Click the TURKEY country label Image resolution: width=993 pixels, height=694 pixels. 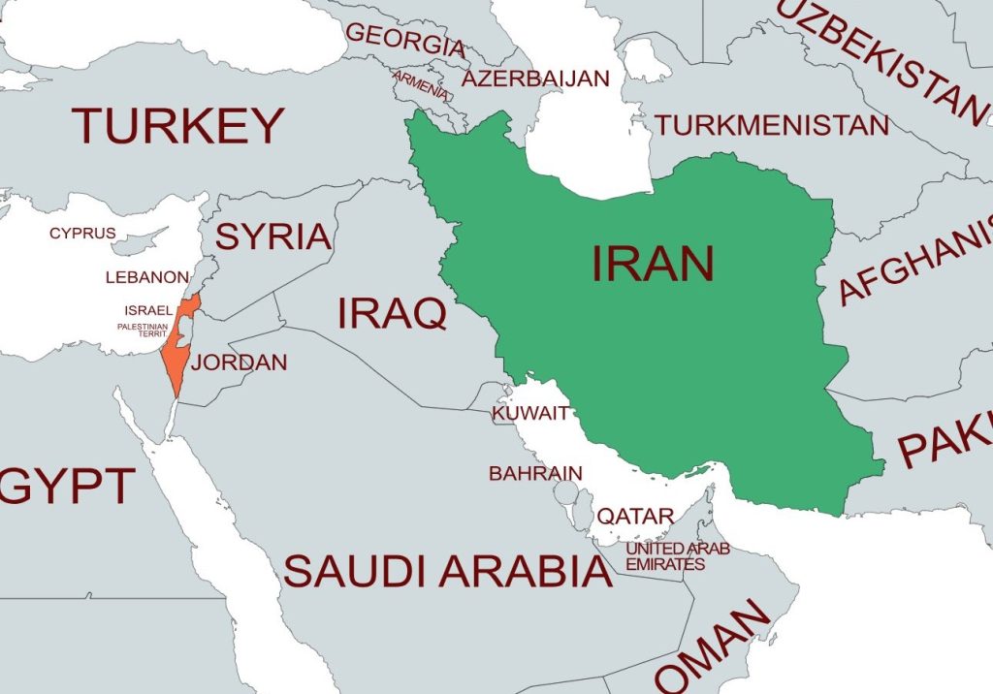177,126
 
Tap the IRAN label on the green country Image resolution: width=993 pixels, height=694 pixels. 653,264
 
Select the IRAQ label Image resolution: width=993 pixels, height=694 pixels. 392,313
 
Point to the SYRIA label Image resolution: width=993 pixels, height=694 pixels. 272,236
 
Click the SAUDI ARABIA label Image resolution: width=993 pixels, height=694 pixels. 447,572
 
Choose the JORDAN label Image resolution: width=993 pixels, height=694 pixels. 239,363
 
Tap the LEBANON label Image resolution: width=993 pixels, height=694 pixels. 147,277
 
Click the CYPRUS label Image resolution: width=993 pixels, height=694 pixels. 82,233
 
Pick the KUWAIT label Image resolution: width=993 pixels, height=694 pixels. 530,414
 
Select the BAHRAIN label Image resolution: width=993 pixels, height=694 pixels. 535,474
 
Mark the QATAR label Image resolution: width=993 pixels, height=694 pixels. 634,517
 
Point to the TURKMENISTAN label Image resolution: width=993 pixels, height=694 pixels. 771,125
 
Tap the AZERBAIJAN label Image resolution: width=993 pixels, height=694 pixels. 535,78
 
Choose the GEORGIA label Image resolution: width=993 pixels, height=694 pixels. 405,39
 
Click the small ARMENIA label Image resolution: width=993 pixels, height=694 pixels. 420,84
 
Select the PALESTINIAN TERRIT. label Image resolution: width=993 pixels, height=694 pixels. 143,331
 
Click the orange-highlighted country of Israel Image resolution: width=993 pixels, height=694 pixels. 177,349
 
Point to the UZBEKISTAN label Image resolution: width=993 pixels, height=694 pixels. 881,58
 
